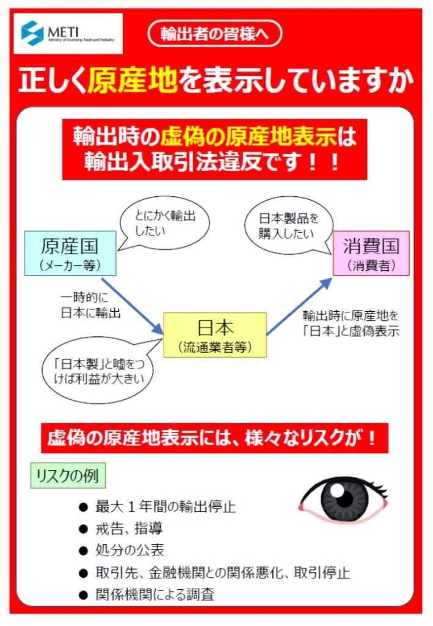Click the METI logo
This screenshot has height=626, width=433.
pyautogui.click(x=68, y=34)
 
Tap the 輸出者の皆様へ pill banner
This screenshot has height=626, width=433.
pyautogui.click(x=215, y=34)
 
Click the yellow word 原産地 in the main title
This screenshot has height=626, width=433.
pyautogui.click(x=133, y=80)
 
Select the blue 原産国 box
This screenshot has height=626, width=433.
pyautogui.click(x=70, y=253)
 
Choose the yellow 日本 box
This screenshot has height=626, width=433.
pyautogui.click(x=216, y=334)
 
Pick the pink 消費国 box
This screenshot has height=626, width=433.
pyautogui.click(x=371, y=253)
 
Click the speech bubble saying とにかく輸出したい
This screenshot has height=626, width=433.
pyautogui.click(x=164, y=224)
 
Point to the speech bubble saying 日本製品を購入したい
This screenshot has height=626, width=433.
pyautogui.click(x=289, y=225)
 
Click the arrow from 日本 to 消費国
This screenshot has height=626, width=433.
pyautogui.click(x=299, y=306)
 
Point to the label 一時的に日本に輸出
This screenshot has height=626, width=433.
pyautogui.click(x=90, y=305)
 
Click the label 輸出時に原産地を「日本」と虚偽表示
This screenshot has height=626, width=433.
pyautogui.click(x=351, y=323)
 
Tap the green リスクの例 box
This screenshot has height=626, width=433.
pyautogui.click(x=68, y=476)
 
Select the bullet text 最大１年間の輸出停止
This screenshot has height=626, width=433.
pyautogui.click(x=166, y=507)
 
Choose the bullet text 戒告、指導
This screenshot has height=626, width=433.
pyautogui.click(x=129, y=529)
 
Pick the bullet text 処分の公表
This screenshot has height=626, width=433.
pyautogui.click(x=129, y=550)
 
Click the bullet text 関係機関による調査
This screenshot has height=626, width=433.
pyautogui.click(x=155, y=594)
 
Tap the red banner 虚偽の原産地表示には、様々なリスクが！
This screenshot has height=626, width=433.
pyautogui.click(x=214, y=438)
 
